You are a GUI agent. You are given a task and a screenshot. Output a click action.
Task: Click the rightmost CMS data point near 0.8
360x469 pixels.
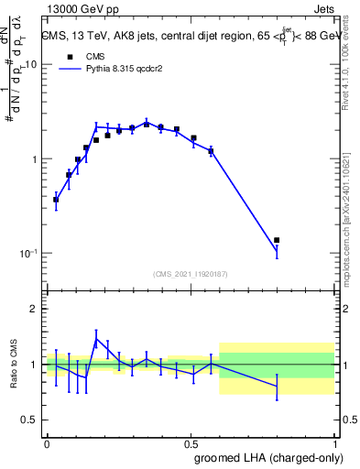(277, 240)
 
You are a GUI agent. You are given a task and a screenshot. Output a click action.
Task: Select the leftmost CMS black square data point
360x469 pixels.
(56, 199)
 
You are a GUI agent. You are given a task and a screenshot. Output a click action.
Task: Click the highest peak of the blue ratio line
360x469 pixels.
(96, 338)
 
